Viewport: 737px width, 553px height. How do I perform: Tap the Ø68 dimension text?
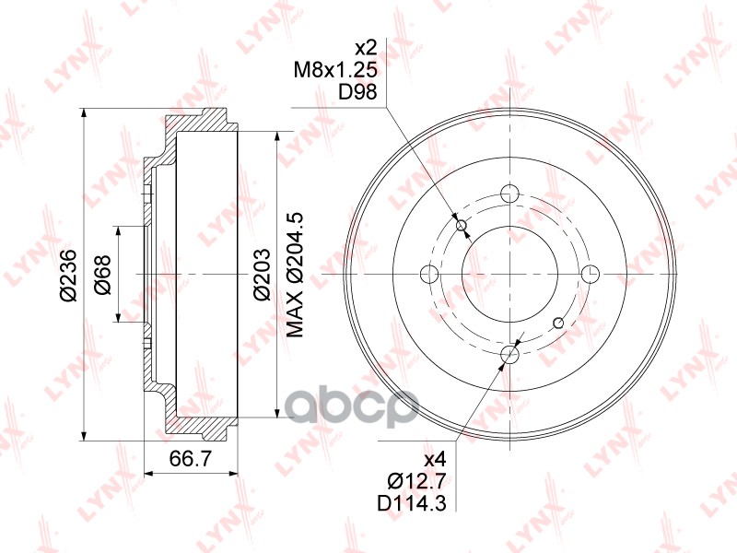tap(102, 275)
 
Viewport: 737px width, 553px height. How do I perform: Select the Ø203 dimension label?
tap(262, 274)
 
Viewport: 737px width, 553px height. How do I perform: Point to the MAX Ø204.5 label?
tap(295, 275)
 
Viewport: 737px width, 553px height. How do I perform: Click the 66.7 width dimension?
tap(191, 458)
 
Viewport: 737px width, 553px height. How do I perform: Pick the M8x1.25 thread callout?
tap(335, 70)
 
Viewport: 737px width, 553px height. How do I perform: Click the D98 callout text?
tap(358, 91)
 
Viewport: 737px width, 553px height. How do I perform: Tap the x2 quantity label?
tap(367, 48)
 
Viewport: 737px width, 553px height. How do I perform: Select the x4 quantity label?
tap(434, 458)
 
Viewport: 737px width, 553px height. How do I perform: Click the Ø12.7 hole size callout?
tap(416, 480)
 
